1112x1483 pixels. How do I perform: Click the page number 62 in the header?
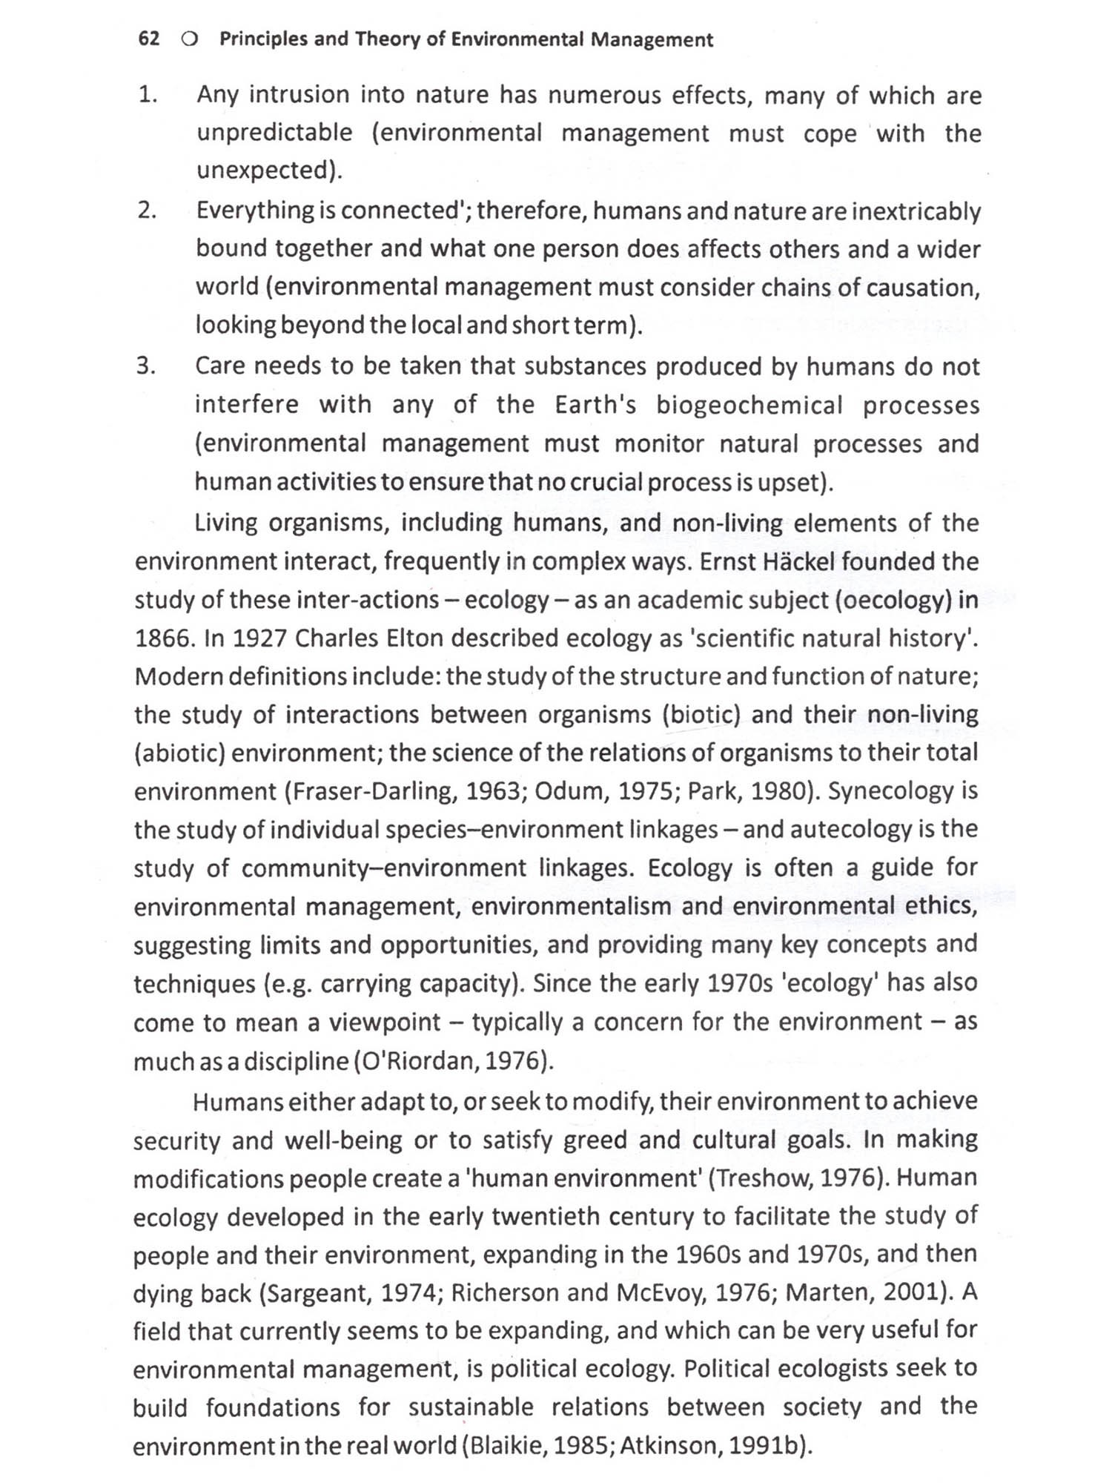click(x=149, y=39)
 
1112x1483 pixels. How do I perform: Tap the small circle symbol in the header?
click(x=189, y=40)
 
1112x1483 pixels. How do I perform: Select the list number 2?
click(x=147, y=211)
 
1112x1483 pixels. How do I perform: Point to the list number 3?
click(x=146, y=366)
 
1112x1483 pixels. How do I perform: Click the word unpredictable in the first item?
click(x=274, y=133)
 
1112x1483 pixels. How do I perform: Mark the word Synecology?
click(x=890, y=791)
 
